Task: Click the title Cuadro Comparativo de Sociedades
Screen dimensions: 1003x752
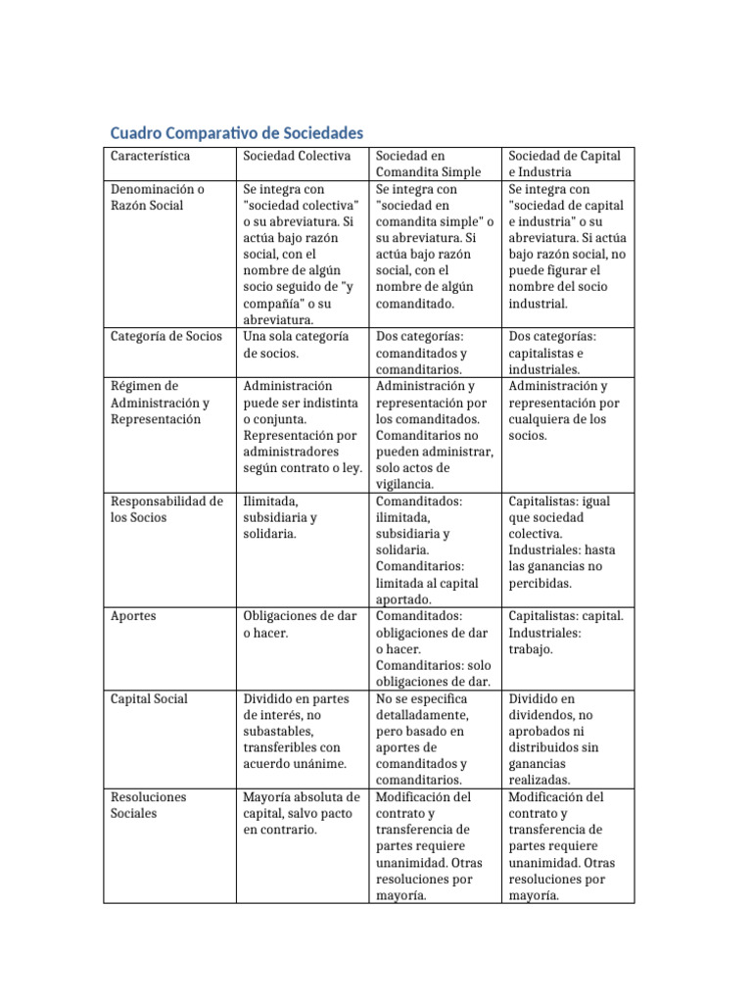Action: click(x=235, y=132)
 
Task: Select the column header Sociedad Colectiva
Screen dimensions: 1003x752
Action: click(x=298, y=156)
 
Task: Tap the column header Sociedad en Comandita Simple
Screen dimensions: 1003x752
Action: click(x=428, y=164)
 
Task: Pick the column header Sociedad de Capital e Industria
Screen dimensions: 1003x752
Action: click(x=564, y=164)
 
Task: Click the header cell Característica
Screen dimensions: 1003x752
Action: click(x=151, y=156)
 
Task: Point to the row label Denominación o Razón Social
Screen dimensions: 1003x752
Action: click(x=158, y=197)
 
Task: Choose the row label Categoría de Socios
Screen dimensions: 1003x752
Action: click(x=165, y=336)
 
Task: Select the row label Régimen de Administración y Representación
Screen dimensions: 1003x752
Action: click(x=160, y=403)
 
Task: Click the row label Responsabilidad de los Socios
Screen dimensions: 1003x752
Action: click(x=166, y=509)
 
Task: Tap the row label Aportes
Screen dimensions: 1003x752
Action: click(x=133, y=616)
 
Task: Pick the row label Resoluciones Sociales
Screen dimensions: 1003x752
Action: click(x=148, y=805)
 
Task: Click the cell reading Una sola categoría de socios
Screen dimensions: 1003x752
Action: click(x=295, y=345)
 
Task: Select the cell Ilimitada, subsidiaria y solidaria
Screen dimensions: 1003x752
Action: click(x=281, y=517)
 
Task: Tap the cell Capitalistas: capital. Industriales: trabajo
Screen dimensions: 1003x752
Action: click(x=565, y=633)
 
